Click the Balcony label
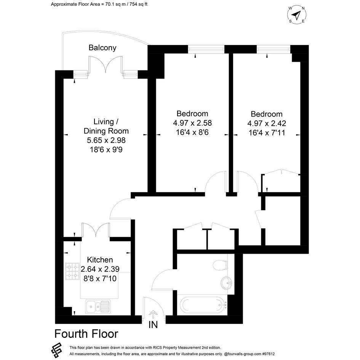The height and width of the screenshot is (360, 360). tap(102, 48)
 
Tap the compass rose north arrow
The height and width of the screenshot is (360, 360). tap(296, 15)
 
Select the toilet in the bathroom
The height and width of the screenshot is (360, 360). tap(220, 265)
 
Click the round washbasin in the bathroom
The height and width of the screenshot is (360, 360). tap(226, 282)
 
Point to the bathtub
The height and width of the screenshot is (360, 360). tap(202, 305)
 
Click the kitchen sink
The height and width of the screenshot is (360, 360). tap(98, 307)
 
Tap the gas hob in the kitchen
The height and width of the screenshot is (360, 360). tap(72, 271)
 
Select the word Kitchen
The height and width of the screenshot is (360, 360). tap(100, 260)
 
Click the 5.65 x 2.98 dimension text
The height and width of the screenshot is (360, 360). tap(106, 140)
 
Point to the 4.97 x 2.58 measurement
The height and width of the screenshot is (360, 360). tap(192, 123)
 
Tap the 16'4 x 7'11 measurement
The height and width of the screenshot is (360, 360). tap(267, 133)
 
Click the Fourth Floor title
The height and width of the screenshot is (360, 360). tap(86, 334)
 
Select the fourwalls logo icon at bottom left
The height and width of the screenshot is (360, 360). tap(56, 350)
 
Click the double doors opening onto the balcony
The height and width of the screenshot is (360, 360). tap(106, 64)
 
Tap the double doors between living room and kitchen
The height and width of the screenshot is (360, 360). tap(96, 230)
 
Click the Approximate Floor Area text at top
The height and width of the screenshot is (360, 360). tap(99, 4)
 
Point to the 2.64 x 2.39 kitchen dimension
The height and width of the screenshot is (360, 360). tap(100, 269)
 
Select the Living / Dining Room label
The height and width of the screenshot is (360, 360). tap(106, 126)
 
